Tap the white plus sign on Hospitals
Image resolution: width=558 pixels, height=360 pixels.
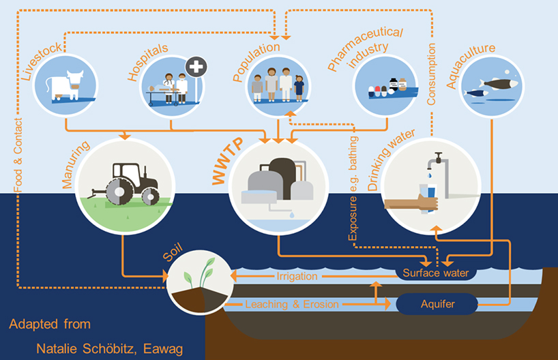point(196,70)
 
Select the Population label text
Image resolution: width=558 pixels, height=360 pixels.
point(256,61)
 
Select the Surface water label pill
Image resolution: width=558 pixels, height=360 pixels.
point(436,273)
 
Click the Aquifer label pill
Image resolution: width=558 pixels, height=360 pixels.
point(437,303)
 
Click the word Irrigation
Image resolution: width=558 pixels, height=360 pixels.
point(297,277)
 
